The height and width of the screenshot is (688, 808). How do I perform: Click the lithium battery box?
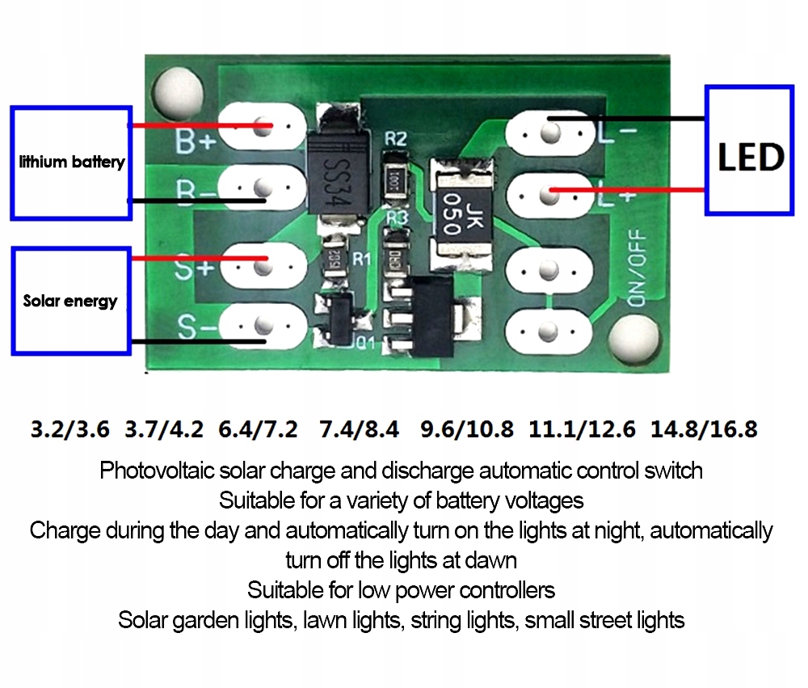pos(71,162)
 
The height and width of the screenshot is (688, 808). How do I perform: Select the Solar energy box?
pos(71,301)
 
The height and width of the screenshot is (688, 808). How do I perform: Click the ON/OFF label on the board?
pos(638,267)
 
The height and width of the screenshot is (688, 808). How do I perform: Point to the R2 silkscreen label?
pos(395,139)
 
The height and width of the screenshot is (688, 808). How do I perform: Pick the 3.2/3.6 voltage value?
pos(69,428)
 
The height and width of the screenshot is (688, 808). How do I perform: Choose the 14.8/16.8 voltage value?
pos(703,428)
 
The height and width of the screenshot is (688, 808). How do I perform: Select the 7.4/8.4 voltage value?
pos(360,428)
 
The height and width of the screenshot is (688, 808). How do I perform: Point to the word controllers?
pos(502,590)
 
